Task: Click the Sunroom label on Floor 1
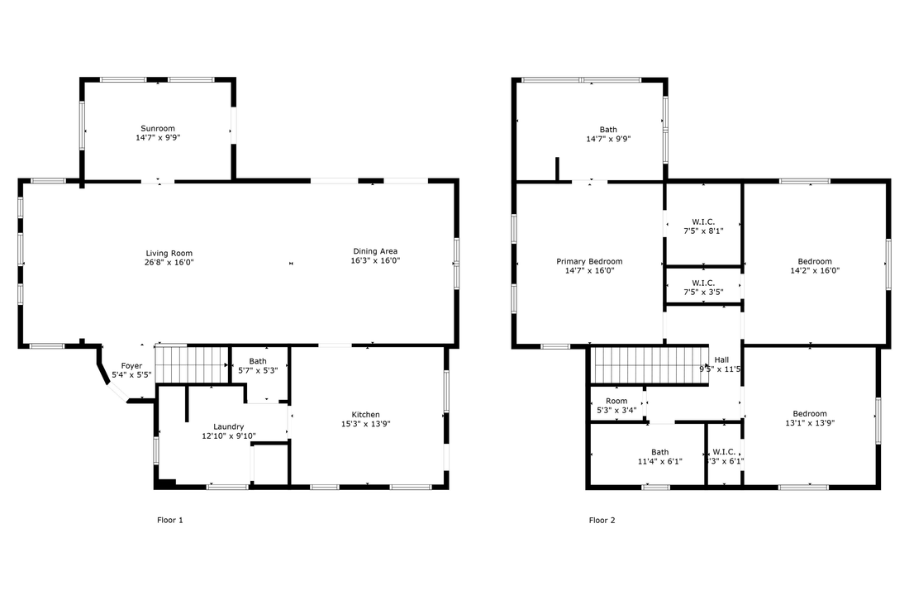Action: [157, 129]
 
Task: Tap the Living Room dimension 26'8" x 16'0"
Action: [169, 262]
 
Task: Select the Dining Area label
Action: [376, 251]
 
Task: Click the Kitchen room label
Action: [365, 415]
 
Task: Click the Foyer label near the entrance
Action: [131, 365]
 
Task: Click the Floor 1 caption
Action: [169, 521]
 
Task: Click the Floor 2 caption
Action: [602, 521]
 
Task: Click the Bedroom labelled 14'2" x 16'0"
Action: [812, 261]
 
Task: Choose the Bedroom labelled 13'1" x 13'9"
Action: [810, 414]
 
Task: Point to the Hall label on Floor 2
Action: [721, 359]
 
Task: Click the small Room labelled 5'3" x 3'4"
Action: [616, 401]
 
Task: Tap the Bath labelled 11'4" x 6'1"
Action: [659, 452]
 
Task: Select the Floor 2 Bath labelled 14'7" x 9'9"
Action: [608, 130]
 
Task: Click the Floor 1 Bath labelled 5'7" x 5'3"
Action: [258, 361]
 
